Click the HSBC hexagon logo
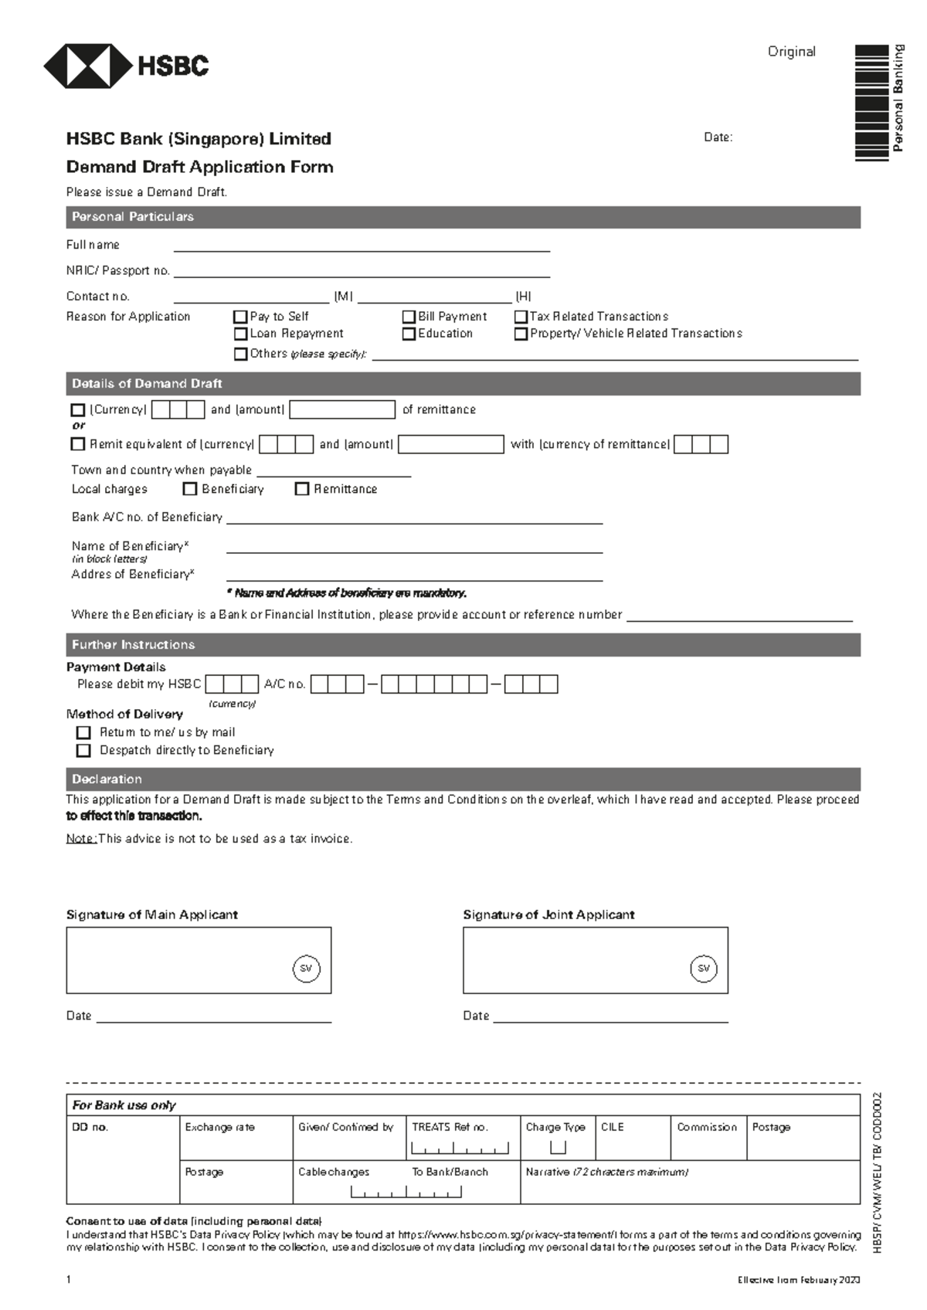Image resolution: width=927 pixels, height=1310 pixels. click(x=87, y=66)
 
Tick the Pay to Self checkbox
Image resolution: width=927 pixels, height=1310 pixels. click(x=240, y=317)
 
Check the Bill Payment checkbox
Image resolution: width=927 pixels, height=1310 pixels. click(x=409, y=317)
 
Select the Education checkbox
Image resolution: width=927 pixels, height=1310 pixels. click(x=409, y=334)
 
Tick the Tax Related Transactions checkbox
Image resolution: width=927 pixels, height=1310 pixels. click(x=521, y=317)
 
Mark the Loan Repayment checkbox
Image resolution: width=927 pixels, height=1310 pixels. click(x=240, y=334)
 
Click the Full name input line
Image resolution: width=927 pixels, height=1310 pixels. click(x=362, y=246)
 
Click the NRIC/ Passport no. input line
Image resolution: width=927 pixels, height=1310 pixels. click(x=362, y=271)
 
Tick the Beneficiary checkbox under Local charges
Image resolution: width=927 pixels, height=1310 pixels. click(x=189, y=489)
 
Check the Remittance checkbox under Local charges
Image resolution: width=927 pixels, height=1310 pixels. click(x=302, y=489)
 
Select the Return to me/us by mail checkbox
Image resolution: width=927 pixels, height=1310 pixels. click(x=83, y=732)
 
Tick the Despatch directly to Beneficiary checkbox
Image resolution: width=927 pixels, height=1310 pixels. click(x=83, y=750)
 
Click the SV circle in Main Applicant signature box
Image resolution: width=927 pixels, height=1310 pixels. click(x=306, y=969)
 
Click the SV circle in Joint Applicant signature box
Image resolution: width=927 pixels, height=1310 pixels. click(x=703, y=969)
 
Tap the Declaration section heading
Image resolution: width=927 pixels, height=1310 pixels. click(x=107, y=779)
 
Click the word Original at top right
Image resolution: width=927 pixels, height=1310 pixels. click(x=791, y=52)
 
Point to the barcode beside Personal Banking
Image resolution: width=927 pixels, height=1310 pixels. click(x=871, y=103)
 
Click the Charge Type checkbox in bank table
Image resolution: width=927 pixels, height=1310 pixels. click(x=558, y=1147)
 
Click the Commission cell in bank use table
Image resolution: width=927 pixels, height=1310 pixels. click(x=708, y=1137)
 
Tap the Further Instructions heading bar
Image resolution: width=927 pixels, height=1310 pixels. click(x=134, y=645)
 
